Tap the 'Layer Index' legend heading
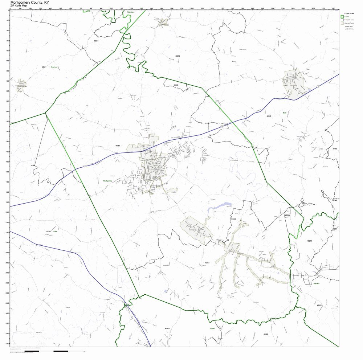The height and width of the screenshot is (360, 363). click(349, 13)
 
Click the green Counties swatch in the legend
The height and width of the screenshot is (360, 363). click(342, 17)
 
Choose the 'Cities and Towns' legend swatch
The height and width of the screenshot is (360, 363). click(342, 23)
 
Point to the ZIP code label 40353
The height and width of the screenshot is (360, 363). click(118, 146)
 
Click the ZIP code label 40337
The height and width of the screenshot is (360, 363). click(207, 262)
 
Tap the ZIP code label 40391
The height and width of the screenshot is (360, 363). click(49, 231)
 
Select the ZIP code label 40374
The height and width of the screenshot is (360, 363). click(178, 56)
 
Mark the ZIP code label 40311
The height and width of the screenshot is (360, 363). click(96, 41)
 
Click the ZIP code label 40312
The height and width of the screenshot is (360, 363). click(167, 328)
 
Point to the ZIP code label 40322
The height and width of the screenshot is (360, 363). click(319, 306)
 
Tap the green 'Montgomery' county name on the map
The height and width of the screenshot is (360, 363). click(108, 180)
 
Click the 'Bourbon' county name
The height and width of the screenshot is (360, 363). click(54, 67)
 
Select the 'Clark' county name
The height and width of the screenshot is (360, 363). click(55, 231)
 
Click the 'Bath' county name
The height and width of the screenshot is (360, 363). click(285, 113)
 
